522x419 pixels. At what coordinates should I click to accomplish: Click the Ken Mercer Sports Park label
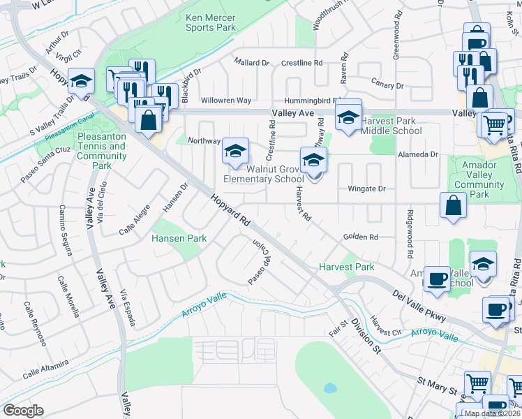(x=211, y=22)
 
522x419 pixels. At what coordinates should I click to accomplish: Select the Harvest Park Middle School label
(x=390, y=126)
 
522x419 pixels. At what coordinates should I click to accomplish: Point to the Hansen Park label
(x=179, y=238)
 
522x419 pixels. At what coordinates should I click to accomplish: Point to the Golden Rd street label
(x=360, y=237)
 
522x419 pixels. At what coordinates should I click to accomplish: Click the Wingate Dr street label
(x=366, y=189)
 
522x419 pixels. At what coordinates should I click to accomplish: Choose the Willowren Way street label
(x=225, y=101)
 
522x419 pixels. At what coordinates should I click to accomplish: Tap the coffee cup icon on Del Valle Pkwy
(x=438, y=279)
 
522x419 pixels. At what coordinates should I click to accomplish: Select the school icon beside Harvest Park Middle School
(x=348, y=117)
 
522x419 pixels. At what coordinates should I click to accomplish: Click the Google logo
(x=23, y=411)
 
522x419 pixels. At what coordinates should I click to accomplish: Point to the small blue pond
(x=329, y=388)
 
